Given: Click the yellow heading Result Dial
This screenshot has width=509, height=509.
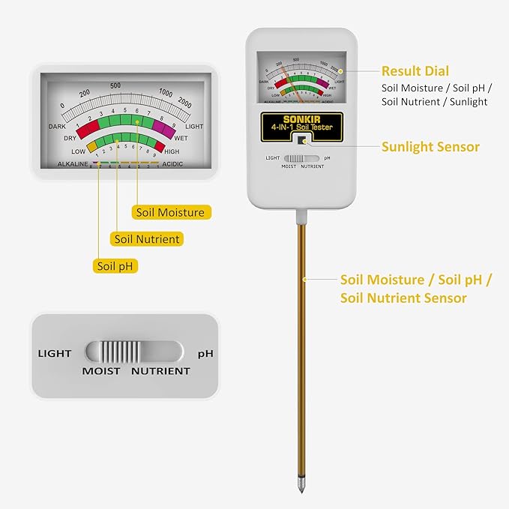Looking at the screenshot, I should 415,71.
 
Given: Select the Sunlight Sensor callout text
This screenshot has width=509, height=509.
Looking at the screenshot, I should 430,147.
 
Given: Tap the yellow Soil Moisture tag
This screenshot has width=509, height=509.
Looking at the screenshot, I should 170,212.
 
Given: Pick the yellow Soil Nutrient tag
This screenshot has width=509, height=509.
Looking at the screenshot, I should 147,239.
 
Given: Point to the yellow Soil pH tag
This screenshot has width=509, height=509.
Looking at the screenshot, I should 115,265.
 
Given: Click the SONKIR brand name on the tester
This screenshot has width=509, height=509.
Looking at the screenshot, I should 301,119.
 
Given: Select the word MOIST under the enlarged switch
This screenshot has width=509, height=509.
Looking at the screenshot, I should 101,371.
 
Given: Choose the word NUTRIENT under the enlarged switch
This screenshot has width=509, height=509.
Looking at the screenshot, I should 160,371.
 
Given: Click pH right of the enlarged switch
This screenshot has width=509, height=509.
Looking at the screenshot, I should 205,352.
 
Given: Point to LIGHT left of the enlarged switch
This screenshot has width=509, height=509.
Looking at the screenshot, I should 55,353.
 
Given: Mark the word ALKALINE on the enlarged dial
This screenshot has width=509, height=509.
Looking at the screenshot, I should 73,163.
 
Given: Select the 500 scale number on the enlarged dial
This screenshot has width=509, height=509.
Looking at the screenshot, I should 115,85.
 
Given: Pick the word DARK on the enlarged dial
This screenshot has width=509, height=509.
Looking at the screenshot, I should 58,127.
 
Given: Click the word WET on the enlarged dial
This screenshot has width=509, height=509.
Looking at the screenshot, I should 181,138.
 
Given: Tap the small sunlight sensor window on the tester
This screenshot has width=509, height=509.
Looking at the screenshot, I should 301,140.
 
